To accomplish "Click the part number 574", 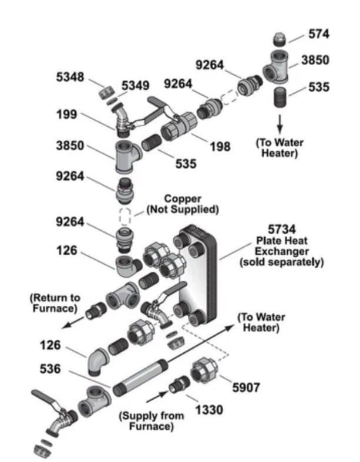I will coord(319,33).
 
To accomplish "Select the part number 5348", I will coord(69,77).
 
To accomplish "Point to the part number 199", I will coord(66,114).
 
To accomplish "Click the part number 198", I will coord(220,146).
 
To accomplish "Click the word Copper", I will coord(182,198).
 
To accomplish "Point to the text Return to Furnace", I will coord(55,303).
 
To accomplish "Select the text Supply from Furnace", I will coord(151,420).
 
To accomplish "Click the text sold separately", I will coord(281,262).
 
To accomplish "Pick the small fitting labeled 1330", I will coord(177,387).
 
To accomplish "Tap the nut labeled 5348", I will coord(106,92).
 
